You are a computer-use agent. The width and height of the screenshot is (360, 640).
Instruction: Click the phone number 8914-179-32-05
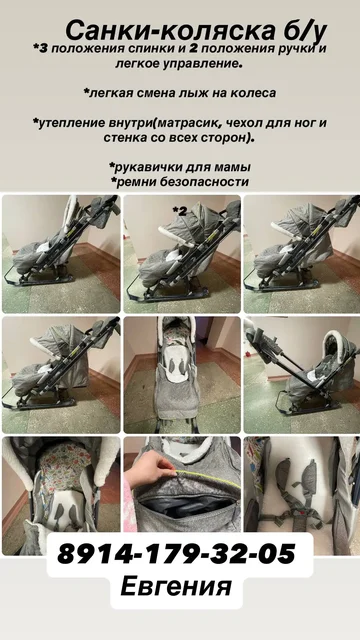click(179, 553)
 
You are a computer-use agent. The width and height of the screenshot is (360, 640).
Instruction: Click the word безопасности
click(206, 182)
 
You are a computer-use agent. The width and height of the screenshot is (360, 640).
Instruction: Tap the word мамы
click(229, 166)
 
